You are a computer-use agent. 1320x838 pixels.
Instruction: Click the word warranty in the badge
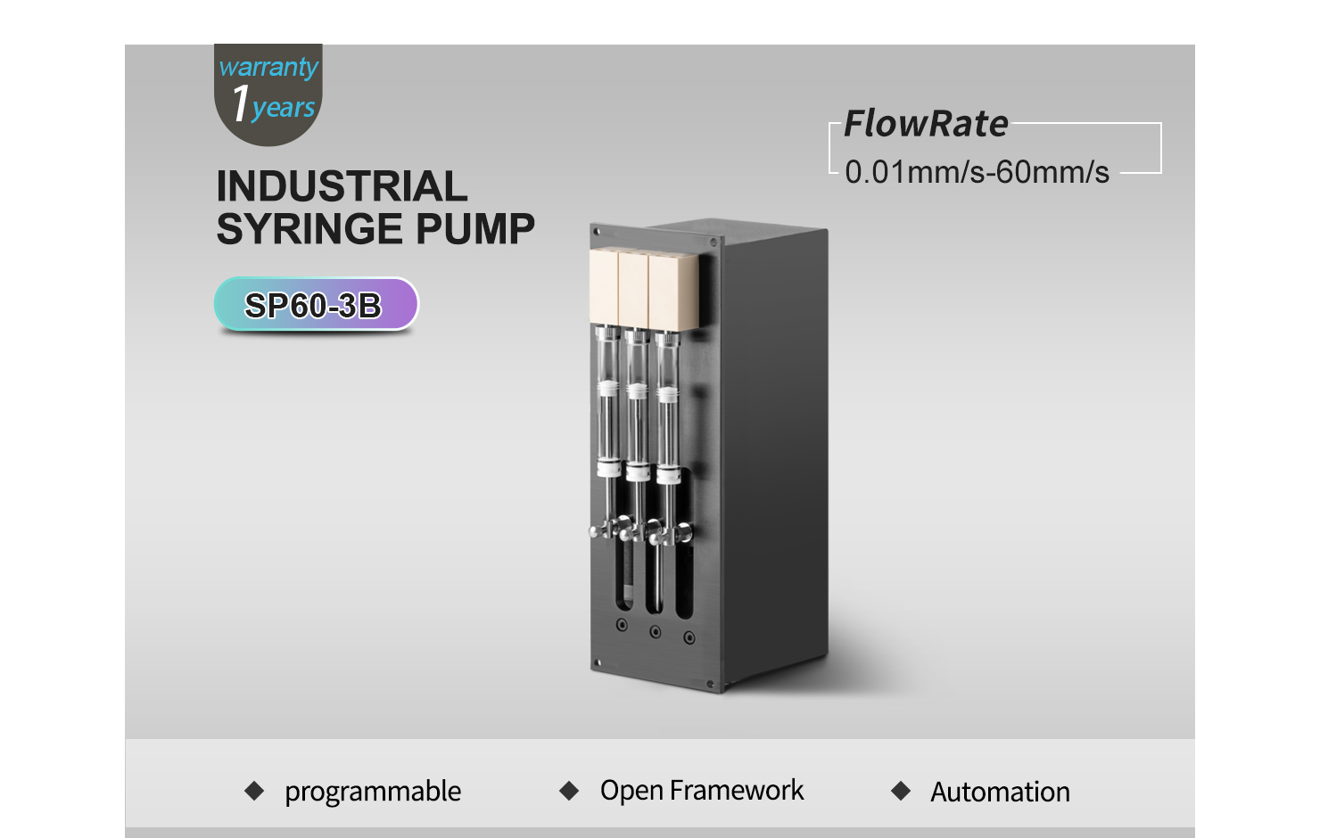268,67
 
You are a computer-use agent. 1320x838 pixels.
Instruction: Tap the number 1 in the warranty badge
241,103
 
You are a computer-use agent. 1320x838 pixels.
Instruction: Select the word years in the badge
284,108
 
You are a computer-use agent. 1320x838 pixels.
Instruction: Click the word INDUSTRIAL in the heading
342,186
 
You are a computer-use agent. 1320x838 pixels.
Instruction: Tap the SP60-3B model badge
316,305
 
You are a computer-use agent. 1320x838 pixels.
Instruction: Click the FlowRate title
926,124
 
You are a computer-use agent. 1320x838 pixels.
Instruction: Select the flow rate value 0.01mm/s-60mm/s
977,172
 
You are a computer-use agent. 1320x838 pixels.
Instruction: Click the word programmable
373,792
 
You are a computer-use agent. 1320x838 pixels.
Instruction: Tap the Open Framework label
701,790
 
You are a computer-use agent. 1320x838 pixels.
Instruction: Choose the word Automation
1000,792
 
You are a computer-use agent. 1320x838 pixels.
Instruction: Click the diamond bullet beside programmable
254,791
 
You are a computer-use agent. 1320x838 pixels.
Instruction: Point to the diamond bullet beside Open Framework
569,791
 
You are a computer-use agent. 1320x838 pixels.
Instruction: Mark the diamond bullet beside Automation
901,791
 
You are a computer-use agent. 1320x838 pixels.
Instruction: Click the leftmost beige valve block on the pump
604,287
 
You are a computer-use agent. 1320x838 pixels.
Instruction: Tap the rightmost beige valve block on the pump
673,290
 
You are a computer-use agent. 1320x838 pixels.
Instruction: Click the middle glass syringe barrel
637,407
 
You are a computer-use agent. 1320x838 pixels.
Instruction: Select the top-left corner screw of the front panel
597,232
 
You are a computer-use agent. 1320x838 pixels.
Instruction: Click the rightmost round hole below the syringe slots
689,637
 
